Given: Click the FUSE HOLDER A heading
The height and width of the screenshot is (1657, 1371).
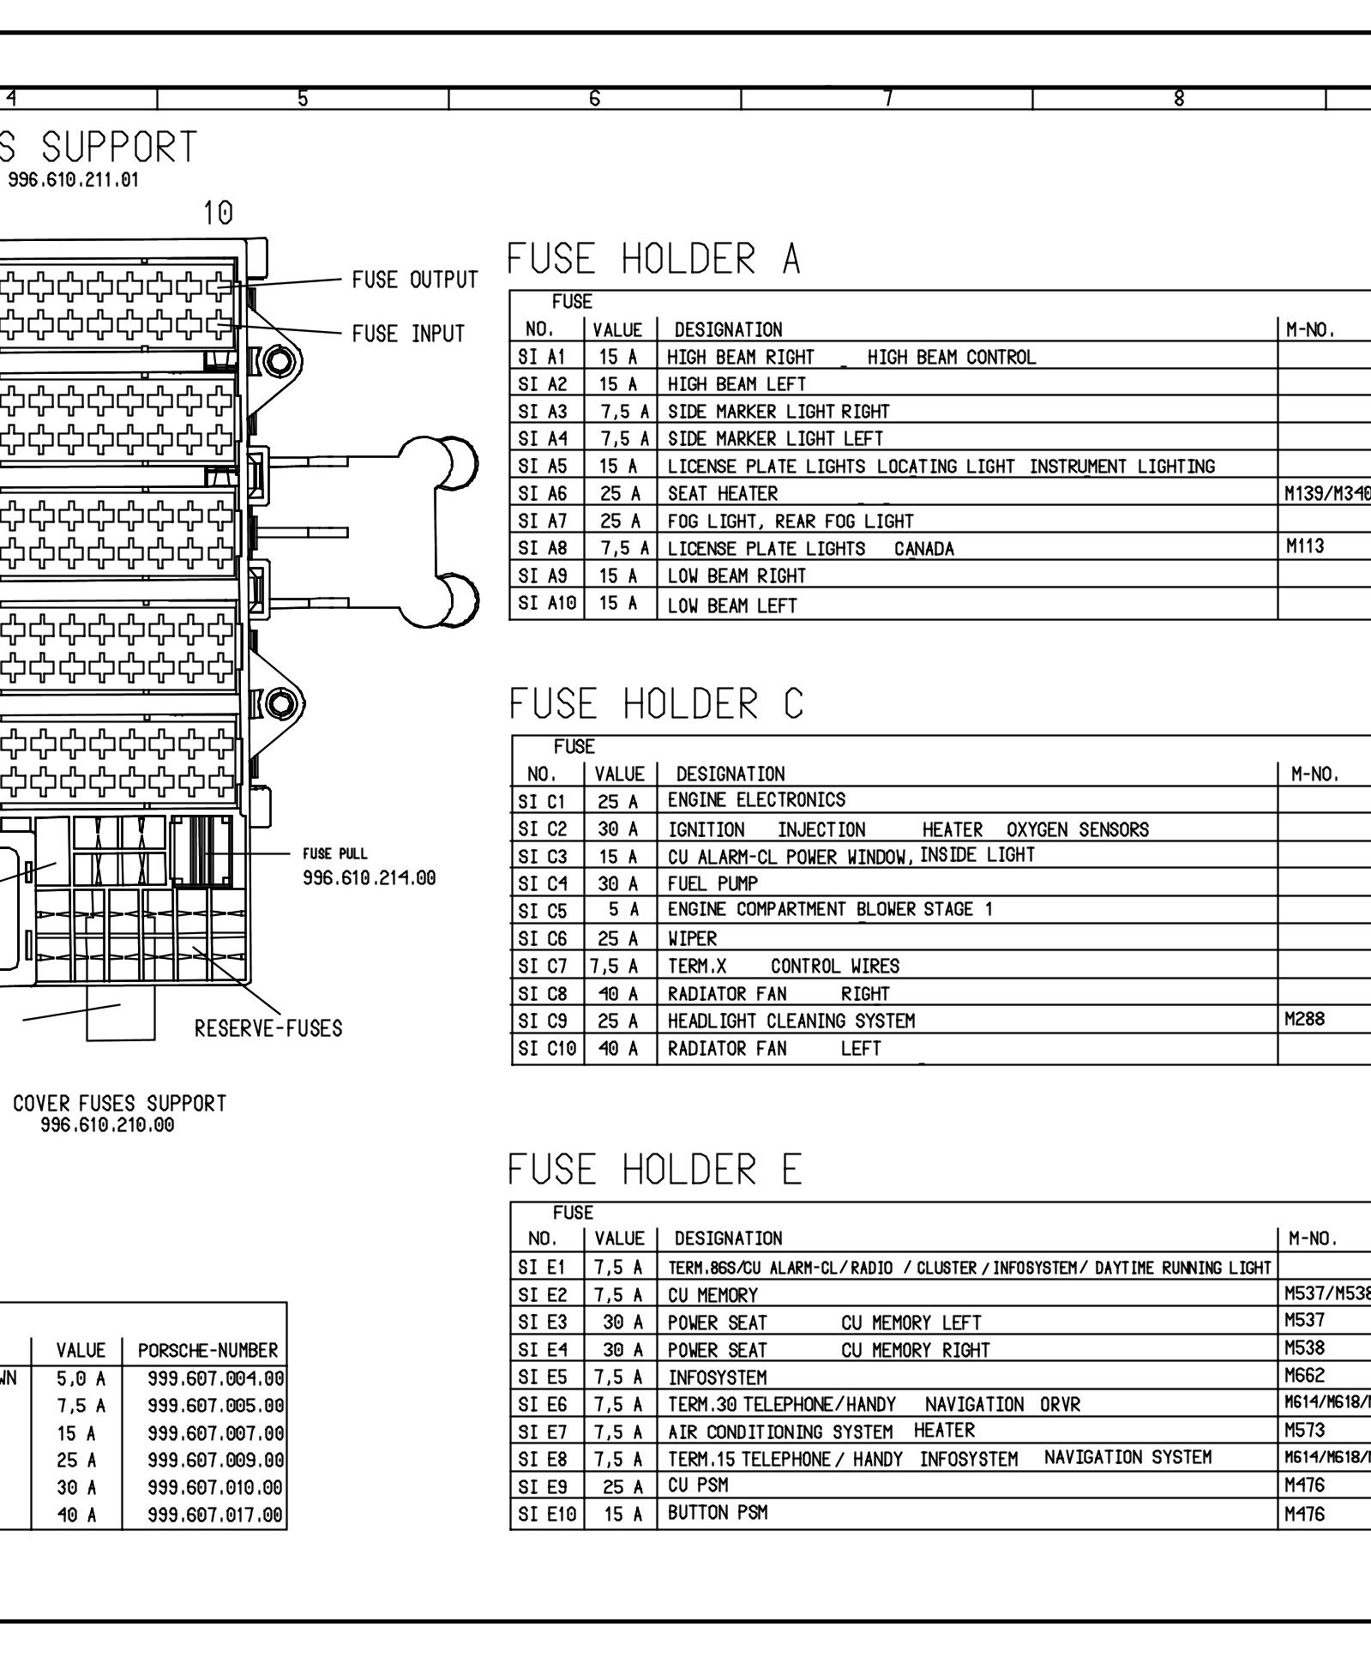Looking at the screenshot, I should (x=653, y=258).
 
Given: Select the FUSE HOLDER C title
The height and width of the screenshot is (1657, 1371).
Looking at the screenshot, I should (x=656, y=704).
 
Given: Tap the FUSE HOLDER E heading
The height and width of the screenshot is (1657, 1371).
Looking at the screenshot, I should (x=655, y=1170).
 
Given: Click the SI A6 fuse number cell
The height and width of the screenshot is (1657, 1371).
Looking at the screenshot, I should (x=543, y=493).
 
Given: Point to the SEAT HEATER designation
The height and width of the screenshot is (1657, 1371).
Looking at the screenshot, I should (x=723, y=494).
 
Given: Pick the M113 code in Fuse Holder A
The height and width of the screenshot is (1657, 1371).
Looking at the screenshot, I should (x=1305, y=546).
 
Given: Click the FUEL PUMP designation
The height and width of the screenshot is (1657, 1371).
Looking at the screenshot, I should (x=713, y=883).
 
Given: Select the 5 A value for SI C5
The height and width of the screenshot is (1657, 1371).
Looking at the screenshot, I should (x=622, y=910).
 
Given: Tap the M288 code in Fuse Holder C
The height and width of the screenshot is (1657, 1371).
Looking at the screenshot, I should (x=1304, y=1019).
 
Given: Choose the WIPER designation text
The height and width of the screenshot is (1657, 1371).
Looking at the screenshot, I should (x=692, y=938).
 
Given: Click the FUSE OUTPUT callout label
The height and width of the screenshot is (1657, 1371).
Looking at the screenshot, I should (x=415, y=280).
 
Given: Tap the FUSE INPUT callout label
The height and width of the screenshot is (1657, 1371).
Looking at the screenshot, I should (x=408, y=334).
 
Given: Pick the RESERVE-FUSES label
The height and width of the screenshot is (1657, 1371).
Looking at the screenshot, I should (x=268, y=1028).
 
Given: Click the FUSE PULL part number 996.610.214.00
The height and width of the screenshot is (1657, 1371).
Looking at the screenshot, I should (x=369, y=878).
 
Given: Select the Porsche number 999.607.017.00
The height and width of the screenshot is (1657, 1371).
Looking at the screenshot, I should (x=214, y=1515).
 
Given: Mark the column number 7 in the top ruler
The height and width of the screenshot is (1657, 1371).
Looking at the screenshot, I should (x=887, y=99).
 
